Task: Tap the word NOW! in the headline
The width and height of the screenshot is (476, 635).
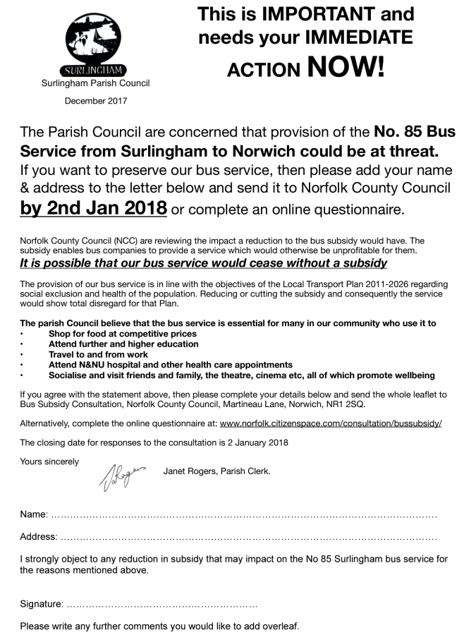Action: click(346, 67)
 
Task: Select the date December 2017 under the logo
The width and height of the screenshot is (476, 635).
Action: click(96, 101)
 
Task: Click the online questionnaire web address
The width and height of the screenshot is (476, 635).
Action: click(331, 423)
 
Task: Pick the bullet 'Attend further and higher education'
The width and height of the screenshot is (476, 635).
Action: click(123, 344)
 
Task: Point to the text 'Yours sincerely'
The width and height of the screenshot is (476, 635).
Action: click(49, 461)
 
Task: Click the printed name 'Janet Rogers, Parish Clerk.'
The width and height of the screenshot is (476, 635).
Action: click(216, 471)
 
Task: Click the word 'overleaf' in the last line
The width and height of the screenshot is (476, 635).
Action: click(280, 626)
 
